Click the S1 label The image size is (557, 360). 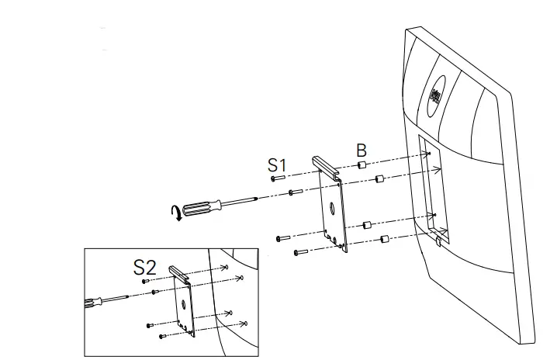[277, 164]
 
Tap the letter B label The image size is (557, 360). [362, 150]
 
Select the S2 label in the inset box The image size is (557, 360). [145, 268]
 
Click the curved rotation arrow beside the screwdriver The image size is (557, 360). [178, 212]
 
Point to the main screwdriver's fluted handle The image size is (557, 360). [203, 206]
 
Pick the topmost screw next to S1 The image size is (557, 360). [278, 178]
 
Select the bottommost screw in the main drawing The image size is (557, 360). [301, 252]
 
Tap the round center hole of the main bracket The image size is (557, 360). [332, 207]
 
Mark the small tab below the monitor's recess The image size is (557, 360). [438, 242]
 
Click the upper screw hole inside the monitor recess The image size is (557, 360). [428, 154]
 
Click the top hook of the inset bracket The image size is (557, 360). [179, 272]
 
